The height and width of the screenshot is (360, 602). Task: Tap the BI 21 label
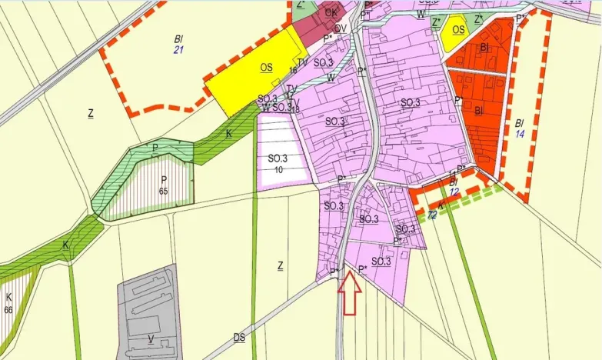[178, 42]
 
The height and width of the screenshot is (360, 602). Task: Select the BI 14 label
[520, 128]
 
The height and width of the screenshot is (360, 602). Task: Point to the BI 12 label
[454, 186]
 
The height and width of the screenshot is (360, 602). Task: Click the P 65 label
[163, 185]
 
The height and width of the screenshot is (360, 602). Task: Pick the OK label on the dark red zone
[331, 13]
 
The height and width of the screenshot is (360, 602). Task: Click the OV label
[340, 28]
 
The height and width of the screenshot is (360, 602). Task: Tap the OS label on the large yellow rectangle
[266, 68]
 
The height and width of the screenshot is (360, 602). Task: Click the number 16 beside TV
[293, 70]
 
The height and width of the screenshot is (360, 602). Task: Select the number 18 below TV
[295, 110]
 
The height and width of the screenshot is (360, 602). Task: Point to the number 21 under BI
[178, 49]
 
